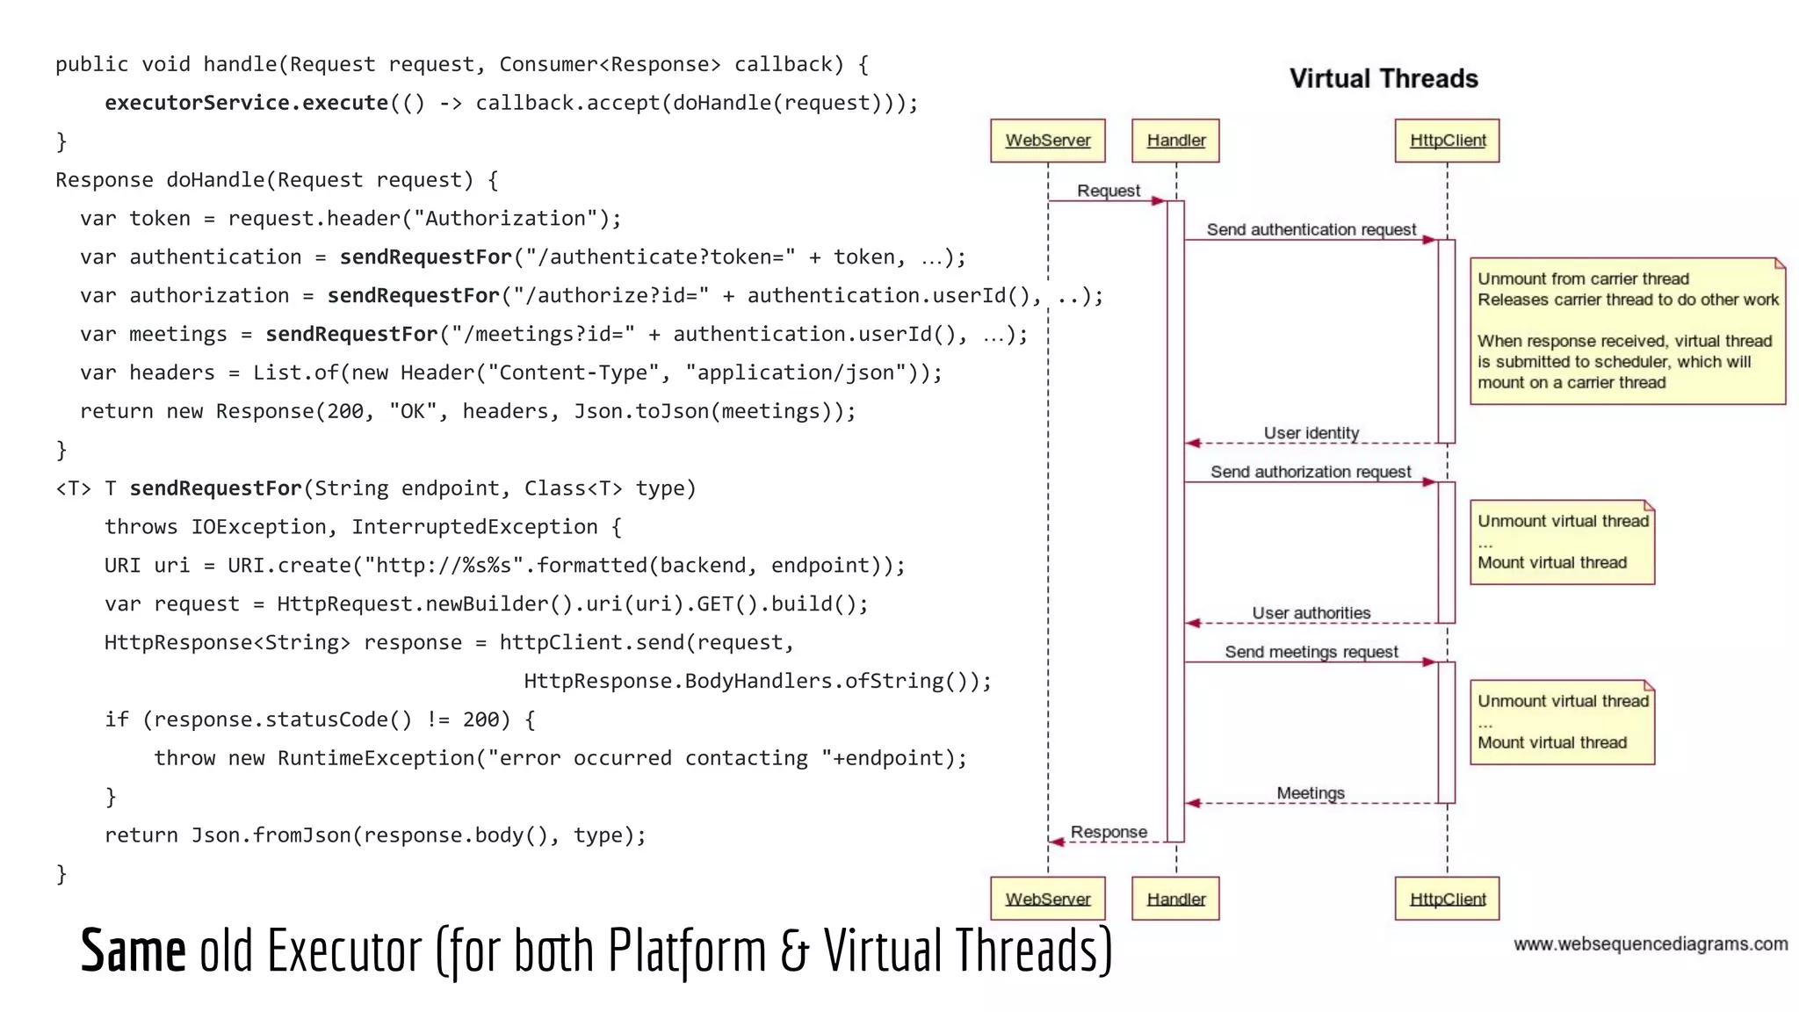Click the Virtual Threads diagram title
(1384, 79)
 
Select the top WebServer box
(1047, 141)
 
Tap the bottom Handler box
(1175, 899)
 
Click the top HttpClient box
(1447, 141)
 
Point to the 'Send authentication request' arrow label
(1311, 229)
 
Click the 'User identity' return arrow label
(1311, 433)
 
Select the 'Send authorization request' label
(1311, 472)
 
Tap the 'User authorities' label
(1311, 612)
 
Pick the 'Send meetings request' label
(1311, 652)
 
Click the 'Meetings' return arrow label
(1310, 793)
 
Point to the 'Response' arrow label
(1109, 832)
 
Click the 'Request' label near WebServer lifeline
(1108, 191)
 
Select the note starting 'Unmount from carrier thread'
(1627, 331)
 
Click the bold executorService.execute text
(246, 103)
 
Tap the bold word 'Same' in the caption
(133, 951)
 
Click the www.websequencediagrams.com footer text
(1650, 944)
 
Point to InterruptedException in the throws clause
(474, 527)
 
